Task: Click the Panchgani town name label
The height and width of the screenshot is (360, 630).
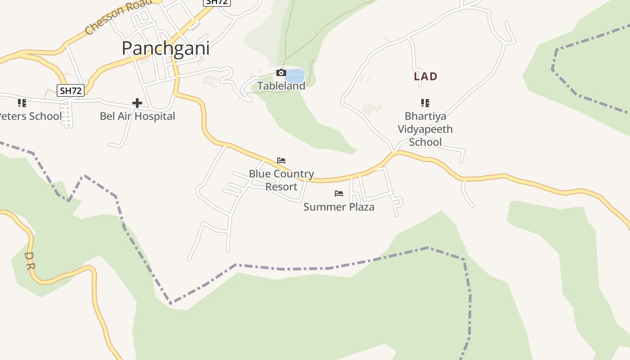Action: pos(166,49)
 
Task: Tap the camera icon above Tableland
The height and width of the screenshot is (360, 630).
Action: pos(281,72)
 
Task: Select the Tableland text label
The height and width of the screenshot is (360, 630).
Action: pos(281,85)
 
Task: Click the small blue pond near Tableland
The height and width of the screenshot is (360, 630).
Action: pos(295,75)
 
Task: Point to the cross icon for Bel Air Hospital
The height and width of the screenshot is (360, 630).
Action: pos(137,103)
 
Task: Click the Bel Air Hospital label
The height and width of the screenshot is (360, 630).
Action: pos(137,116)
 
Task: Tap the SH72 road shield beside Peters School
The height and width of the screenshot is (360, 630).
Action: pos(71,90)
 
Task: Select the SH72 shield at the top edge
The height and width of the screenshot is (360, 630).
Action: pos(217,2)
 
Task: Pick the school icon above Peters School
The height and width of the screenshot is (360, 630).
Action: pos(22,103)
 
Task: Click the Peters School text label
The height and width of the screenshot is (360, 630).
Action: pos(30,116)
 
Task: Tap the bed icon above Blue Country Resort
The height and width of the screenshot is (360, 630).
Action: pos(281,161)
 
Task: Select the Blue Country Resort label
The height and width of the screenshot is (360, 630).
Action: pos(281,180)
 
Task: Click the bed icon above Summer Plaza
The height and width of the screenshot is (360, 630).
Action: pos(339,193)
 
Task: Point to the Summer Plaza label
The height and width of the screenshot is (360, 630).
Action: pos(339,207)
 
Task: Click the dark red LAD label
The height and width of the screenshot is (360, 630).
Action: pos(425,76)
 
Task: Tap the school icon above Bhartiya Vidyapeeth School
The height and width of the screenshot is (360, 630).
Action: pos(425,103)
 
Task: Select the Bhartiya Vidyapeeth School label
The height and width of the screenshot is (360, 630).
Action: pos(425,129)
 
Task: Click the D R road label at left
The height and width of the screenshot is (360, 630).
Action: pos(29,261)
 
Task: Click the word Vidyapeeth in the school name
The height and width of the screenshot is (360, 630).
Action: pos(425,129)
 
